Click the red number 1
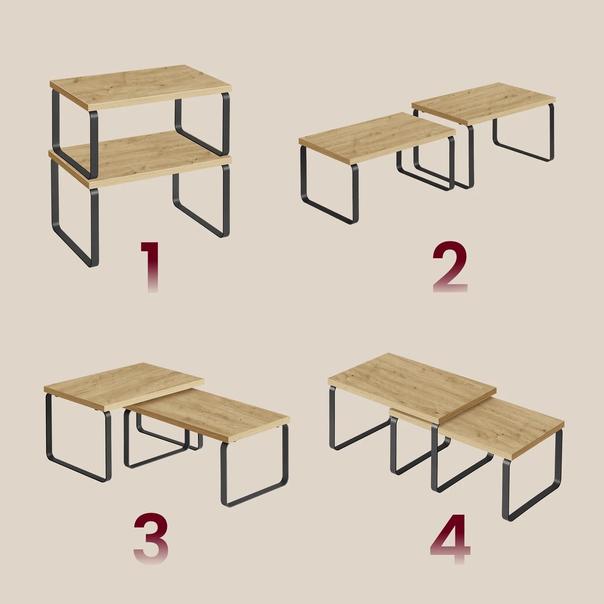[150, 266]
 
